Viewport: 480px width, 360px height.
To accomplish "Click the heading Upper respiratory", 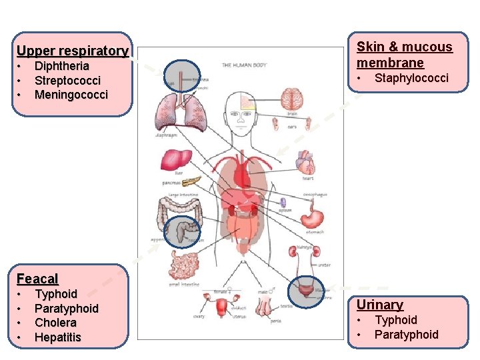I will [x=72, y=51].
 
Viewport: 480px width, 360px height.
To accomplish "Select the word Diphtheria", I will [x=61, y=66].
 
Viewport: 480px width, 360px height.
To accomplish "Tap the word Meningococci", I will [x=71, y=95].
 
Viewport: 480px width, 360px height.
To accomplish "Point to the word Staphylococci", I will [x=411, y=79].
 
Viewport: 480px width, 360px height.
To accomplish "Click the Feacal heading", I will [x=37, y=279].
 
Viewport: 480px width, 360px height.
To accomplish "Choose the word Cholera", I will [x=55, y=323].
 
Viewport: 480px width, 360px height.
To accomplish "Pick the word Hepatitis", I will [x=57, y=337].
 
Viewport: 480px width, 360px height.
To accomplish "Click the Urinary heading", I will [x=379, y=305].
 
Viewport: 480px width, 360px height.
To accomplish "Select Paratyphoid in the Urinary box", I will [x=406, y=334].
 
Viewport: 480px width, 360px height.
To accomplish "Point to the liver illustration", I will [x=176, y=161].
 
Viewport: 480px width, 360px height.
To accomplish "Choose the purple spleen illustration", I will [x=283, y=203].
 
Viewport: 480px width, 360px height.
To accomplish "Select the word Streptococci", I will [x=67, y=81].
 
